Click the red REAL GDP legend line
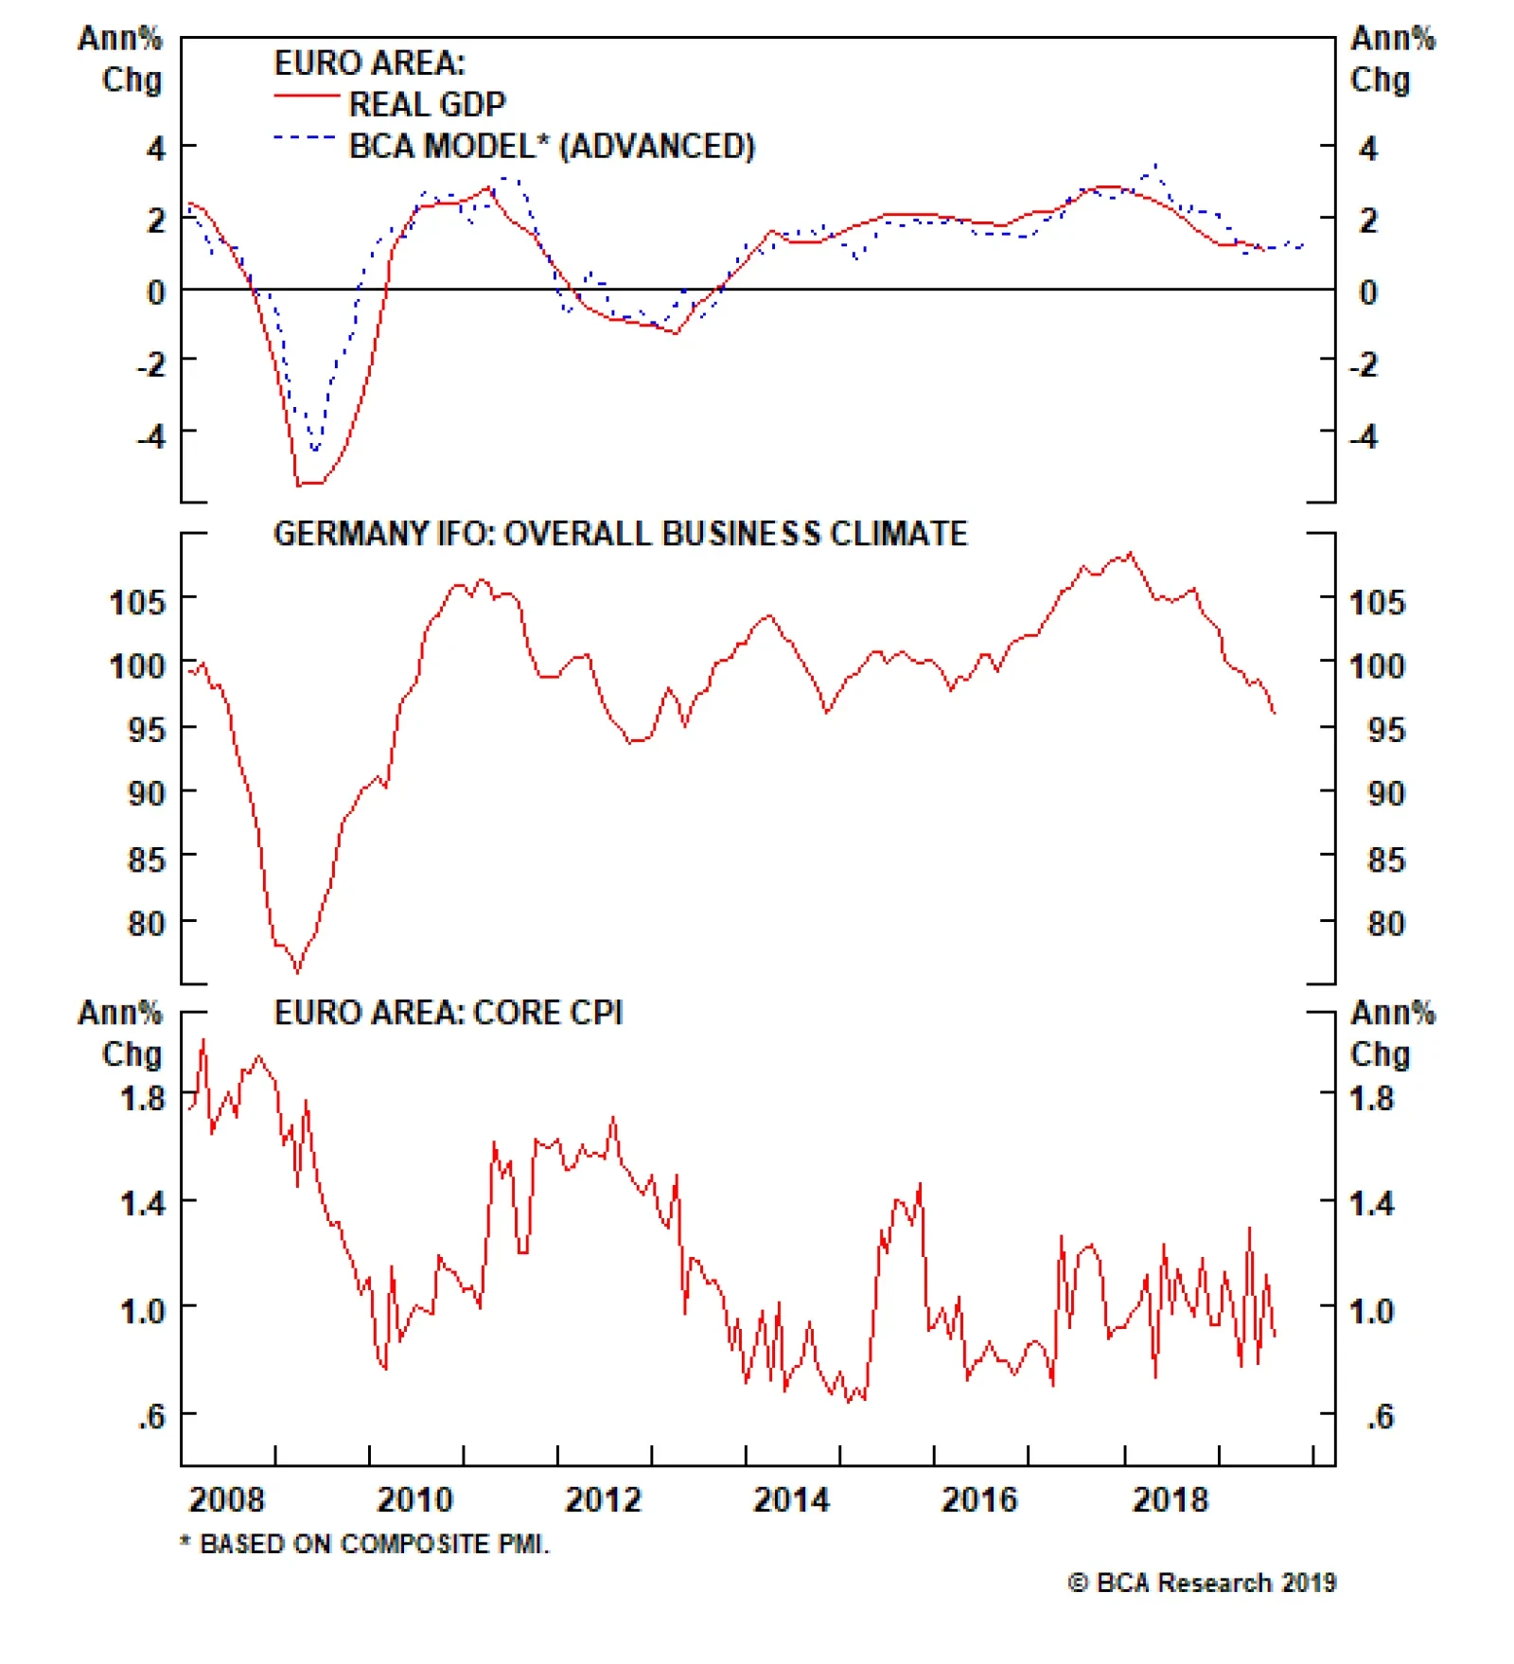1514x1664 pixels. (306, 97)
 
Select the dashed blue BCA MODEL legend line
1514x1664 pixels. (304, 138)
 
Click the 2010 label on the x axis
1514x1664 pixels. (414, 1500)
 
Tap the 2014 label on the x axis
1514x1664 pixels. (790, 1500)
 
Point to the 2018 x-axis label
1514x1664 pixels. (1170, 1500)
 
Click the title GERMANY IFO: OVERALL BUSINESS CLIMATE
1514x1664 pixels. (620, 534)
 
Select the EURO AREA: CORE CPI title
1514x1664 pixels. (448, 1013)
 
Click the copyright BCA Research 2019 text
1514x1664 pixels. (1202, 1583)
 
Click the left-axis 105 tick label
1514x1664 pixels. (137, 602)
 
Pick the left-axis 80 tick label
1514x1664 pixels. (146, 923)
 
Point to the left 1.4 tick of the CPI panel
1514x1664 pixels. (142, 1204)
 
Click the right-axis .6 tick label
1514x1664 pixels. (1380, 1417)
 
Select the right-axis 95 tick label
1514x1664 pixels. (1385, 730)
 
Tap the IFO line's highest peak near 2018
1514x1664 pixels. (1131, 553)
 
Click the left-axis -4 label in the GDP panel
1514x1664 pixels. (150, 436)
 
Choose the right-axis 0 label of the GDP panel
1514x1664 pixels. (1368, 292)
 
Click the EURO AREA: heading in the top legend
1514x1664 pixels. (369, 63)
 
